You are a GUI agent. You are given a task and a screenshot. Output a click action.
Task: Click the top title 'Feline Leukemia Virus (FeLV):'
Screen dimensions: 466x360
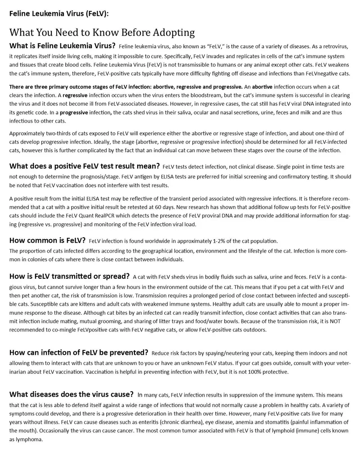[59, 14]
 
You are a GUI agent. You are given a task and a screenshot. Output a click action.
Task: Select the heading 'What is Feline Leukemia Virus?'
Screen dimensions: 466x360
[62, 46]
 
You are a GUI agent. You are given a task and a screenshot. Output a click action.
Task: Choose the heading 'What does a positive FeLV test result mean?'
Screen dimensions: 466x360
[84, 166]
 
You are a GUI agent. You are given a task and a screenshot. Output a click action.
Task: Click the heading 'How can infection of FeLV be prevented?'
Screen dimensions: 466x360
[79, 353]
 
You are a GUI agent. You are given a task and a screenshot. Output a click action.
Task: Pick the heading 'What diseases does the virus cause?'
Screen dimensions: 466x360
[71, 395]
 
